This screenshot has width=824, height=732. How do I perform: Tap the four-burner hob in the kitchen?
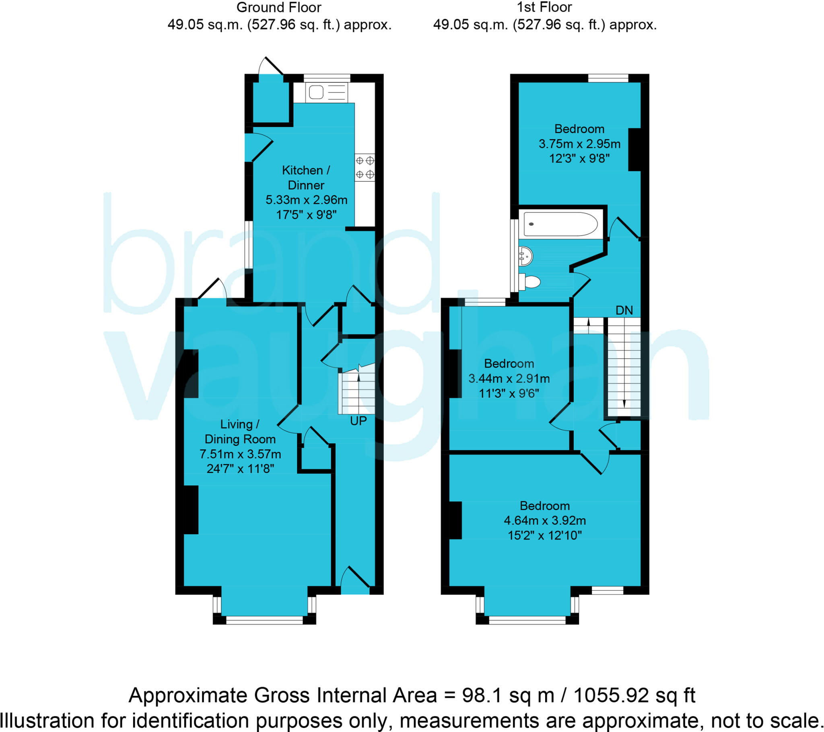pyautogui.click(x=365, y=168)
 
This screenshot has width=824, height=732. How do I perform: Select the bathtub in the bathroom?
pyautogui.click(x=560, y=224)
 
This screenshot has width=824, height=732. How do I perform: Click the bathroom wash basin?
pyautogui.click(x=526, y=255)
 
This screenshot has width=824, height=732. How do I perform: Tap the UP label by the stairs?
pyautogui.click(x=358, y=421)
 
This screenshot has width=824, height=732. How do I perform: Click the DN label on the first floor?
pyautogui.click(x=624, y=310)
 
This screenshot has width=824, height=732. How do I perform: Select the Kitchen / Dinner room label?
pyautogui.click(x=306, y=178)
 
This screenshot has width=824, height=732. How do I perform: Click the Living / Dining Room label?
pyautogui.click(x=240, y=431)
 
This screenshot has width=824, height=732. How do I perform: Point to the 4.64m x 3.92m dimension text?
pyautogui.click(x=545, y=521)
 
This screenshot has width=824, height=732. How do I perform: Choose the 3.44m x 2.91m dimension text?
pyautogui.click(x=509, y=378)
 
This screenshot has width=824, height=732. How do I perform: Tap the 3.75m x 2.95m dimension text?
pyautogui.click(x=579, y=144)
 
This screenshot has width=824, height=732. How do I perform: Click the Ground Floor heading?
pyautogui.click(x=278, y=7)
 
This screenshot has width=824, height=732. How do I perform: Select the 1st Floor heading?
pyautogui.click(x=544, y=7)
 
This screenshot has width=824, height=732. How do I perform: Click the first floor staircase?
pyautogui.click(x=624, y=367)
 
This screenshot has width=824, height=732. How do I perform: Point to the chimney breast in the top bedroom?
pyautogui.click(x=634, y=150)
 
